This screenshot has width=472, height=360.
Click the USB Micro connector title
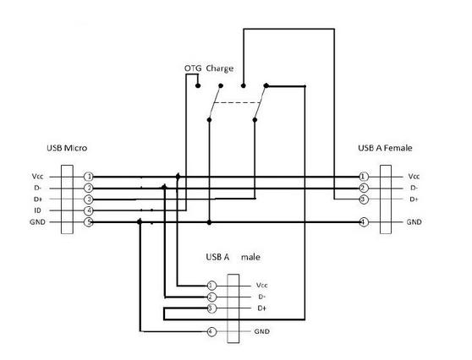[x=67, y=148]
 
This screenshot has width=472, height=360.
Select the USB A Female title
[x=385, y=148]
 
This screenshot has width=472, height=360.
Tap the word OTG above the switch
[x=193, y=68]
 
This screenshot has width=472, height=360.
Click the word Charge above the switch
[x=220, y=68]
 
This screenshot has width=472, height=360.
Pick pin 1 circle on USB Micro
[x=89, y=177]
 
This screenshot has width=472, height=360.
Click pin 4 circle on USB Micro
[x=89, y=210]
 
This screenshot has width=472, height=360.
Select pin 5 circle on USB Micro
[x=89, y=222]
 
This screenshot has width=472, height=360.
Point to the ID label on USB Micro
[x=37, y=210]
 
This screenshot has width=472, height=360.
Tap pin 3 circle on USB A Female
[x=364, y=199]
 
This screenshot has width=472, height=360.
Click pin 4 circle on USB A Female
[x=364, y=222]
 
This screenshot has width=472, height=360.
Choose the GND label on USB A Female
[x=414, y=222]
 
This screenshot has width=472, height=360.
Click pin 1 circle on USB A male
[x=211, y=286]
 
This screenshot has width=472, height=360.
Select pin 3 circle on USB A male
[x=211, y=308]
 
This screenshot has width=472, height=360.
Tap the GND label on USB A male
[x=262, y=331]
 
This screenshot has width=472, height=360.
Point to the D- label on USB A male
[x=262, y=297]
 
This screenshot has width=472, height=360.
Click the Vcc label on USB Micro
[x=37, y=177]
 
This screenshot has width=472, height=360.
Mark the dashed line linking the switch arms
[x=237, y=103]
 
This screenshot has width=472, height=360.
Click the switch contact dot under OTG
[x=198, y=85]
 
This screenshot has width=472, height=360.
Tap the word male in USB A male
[x=250, y=257]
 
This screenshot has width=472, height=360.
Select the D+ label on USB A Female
[x=414, y=199]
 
